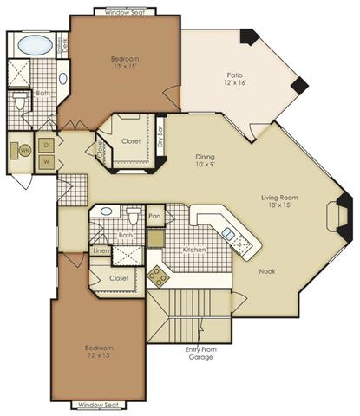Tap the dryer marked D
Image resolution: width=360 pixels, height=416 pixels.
[46, 145]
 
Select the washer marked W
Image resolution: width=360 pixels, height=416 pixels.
[46, 161]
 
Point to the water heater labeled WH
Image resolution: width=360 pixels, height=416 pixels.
[23, 151]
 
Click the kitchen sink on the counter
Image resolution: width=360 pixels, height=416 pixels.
[228, 232]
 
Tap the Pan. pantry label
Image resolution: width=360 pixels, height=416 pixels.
[155, 216]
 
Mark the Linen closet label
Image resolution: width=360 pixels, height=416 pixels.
[101, 251]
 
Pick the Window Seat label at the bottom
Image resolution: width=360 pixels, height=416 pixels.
[97, 405]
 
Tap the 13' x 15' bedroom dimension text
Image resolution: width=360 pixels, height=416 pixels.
[125, 67]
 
